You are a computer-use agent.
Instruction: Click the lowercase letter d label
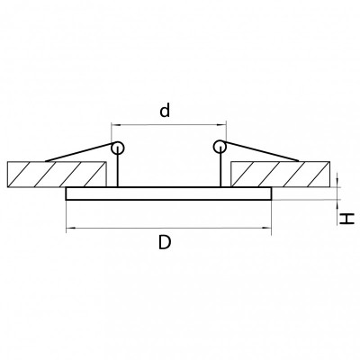pos(165,110)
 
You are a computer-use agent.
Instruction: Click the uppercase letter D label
pos(165,242)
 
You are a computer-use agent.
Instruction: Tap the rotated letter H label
pos(347,219)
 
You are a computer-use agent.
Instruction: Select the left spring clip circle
pos(117,148)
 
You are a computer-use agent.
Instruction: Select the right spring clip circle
pos(220,147)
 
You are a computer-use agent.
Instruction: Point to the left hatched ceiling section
pos(57,175)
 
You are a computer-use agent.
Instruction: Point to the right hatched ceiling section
pos(281,175)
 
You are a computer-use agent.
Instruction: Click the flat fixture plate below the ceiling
pos(168,193)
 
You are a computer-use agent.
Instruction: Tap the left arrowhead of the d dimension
pos(114,125)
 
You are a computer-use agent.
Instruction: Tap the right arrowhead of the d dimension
pos(222,125)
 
